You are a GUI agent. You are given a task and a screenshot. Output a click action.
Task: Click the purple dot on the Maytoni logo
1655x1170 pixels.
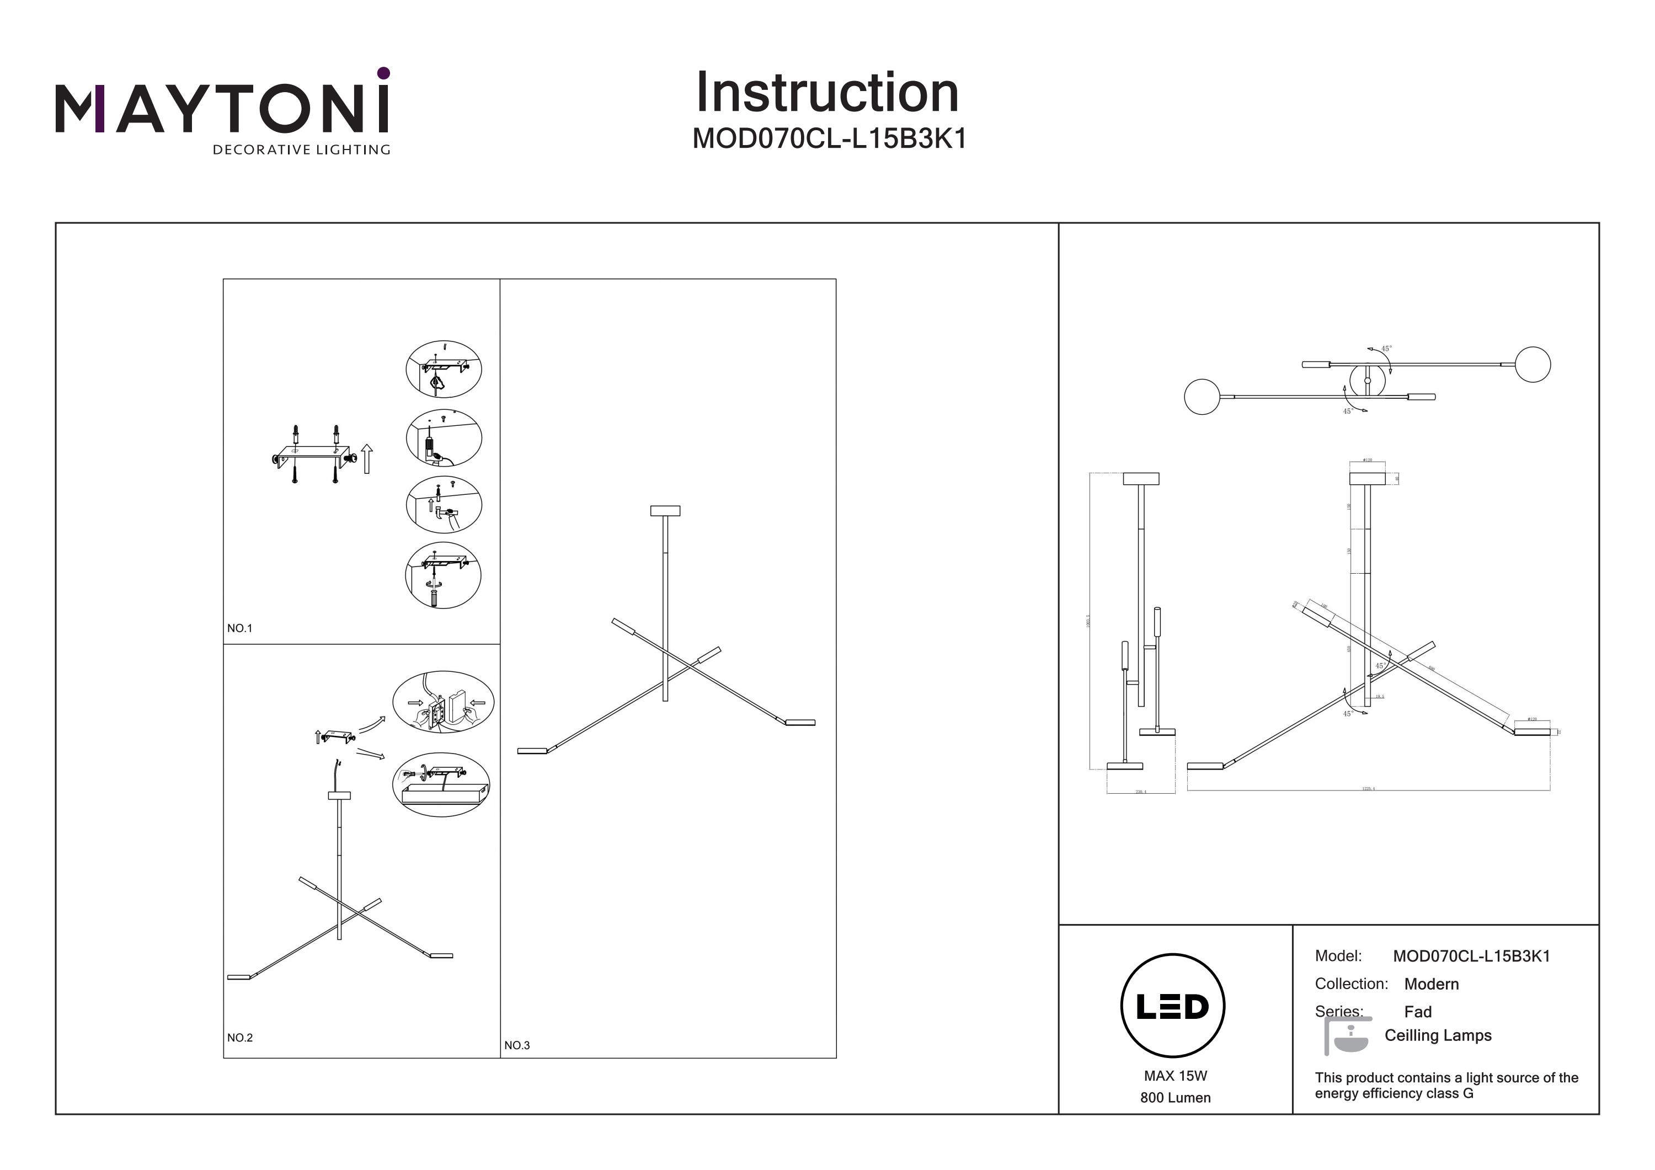383,73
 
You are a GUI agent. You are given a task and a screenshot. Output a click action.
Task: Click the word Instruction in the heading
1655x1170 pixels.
827,93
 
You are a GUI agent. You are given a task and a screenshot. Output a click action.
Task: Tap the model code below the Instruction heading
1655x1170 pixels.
829,138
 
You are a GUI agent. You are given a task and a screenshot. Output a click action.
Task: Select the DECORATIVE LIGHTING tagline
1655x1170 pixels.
301,150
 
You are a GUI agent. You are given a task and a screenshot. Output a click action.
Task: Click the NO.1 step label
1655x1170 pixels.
239,629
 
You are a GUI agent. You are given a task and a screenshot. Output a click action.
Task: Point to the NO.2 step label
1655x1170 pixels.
239,1038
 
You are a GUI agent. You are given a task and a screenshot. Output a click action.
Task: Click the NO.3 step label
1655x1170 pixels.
517,1045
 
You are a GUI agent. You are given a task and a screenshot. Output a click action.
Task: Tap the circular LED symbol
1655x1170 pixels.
1173,1006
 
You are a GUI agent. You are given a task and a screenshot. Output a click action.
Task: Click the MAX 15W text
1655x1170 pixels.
1175,1076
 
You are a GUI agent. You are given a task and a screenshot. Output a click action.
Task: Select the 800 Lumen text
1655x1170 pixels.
1175,1098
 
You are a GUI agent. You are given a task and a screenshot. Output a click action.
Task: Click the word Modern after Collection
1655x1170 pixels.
1431,984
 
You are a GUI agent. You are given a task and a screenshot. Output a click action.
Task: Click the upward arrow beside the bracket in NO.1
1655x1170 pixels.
367,459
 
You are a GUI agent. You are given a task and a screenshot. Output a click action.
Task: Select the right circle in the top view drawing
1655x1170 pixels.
1533,365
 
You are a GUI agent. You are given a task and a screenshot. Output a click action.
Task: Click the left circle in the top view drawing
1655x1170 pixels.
1202,397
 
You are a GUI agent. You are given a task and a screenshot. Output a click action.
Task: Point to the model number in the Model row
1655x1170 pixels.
1471,957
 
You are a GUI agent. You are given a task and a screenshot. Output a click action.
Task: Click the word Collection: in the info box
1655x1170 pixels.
1351,984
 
